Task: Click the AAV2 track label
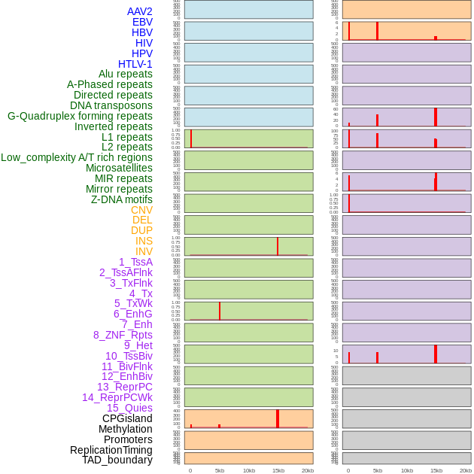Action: pyautogui.click(x=140, y=11)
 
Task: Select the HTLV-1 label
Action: pyautogui.click(x=135, y=64)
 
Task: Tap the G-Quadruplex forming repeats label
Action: pyautogui.click(x=80, y=116)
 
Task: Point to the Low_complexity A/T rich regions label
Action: pyautogui.click(x=77, y=157)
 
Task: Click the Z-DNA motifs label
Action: pyautogui.click(x=122, y=199)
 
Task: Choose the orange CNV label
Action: pyautogui.click(x=141, y=210)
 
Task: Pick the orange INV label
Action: pyautogui.click(x=144, y=251)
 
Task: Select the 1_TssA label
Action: pyautogui.click(x=135, y=262)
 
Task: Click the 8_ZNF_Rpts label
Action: pyautogui.click(x=123, y=335)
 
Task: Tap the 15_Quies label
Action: pyautogui.click(x=129, y=408)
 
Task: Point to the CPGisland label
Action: pyautogui.click(x=127, y=418)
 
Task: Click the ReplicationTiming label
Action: pyautogui.click(x=111, y=450)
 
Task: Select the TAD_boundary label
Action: pyautogui.click(x=117, y=460)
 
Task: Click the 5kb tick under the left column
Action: pyautogui.click(x=220, y=470)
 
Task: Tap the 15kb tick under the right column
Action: pyautogui.click(x=436, y=470)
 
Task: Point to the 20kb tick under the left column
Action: pyautogui.click(x=308, y=470)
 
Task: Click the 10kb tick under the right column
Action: pyautogui.click(x=407, y=470)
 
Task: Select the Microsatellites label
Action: pyautogui.click(x=119, y=168)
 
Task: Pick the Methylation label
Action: pyautogui.click(x=126, y=429)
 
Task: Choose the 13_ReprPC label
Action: pyautogui.click(x=124, y=387)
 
